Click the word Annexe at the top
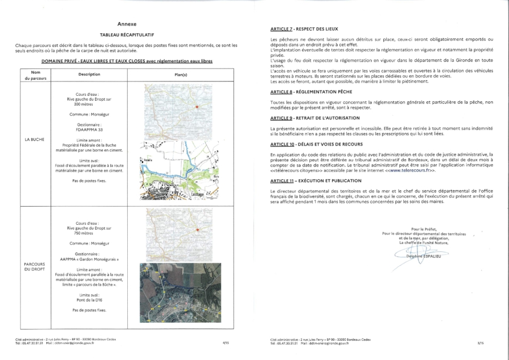click(x=127, y=24)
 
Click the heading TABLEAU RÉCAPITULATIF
click(x=127, y=35)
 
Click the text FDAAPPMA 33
click(x=85, y=129)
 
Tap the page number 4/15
click(x=226, y=342)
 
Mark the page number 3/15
click(x=480, y=342)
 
